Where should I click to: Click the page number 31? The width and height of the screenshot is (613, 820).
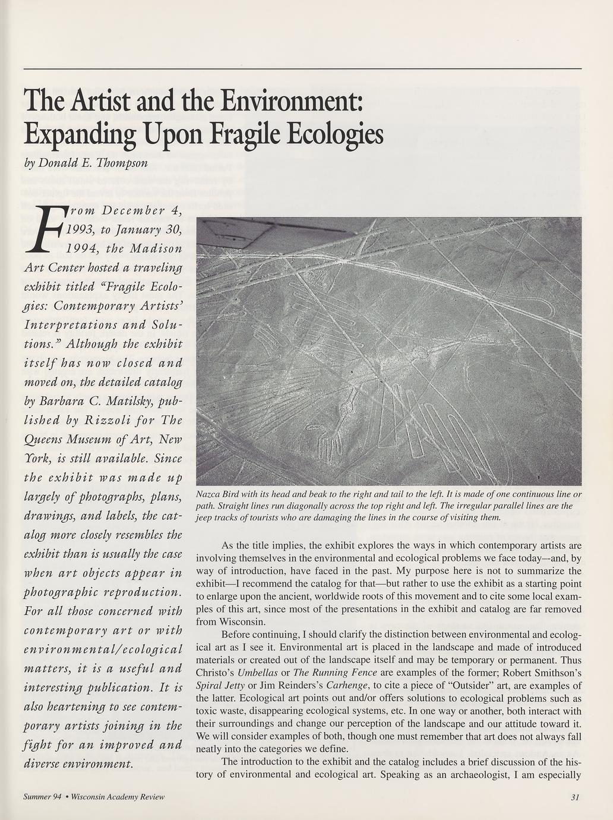point(574,797)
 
